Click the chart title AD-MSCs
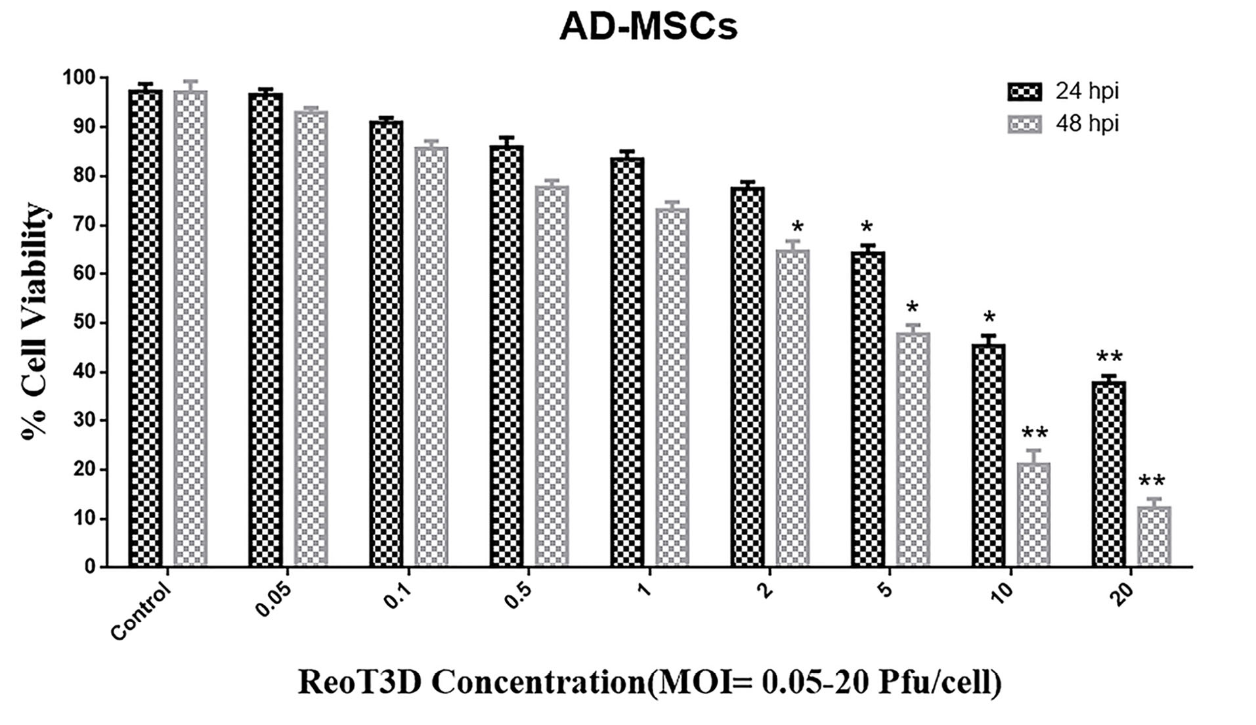coord(648,28)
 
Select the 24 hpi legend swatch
coord(1024,92)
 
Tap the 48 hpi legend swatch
coord(1024,124)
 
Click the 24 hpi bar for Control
coord(145,328)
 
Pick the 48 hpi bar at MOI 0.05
coord(311,338)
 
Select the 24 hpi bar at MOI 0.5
coord(507,355)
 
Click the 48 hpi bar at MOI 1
coord(672,387)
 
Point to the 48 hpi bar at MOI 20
coord(1154,536)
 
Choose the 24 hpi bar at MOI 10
coord(988,455)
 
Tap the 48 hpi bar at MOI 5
coord(913,449)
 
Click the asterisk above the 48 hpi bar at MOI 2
coord(798,228)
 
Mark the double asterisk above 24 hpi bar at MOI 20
coord(1109,358)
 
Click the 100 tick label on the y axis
coord(79,78)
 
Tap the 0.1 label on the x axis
coord(398,596)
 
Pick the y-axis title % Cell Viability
coord(36,322)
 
